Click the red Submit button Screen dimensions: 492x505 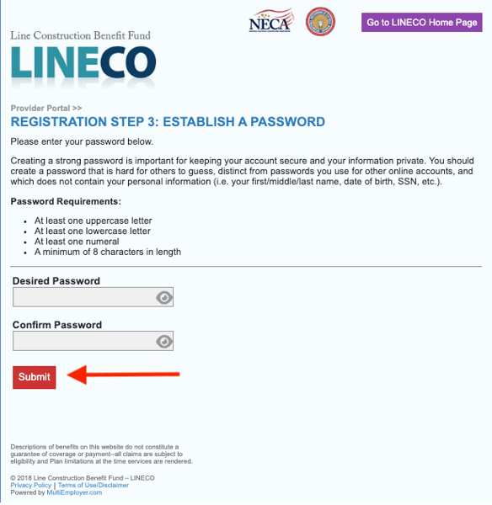(35, 377)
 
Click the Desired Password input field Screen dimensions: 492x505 (83, 297)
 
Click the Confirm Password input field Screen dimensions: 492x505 (83, 341)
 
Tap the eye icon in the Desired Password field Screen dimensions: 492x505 (164, 297)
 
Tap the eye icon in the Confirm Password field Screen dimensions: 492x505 (164, 341)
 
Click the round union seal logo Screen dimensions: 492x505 (320, 21)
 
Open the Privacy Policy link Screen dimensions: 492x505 (30, 486)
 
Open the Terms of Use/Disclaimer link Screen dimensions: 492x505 (94, 486)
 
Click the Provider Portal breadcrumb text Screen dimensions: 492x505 (45, 108)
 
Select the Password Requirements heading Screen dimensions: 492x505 (66, 202)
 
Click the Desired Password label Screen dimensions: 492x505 (56, 281)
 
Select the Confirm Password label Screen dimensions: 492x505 (56, 325)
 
